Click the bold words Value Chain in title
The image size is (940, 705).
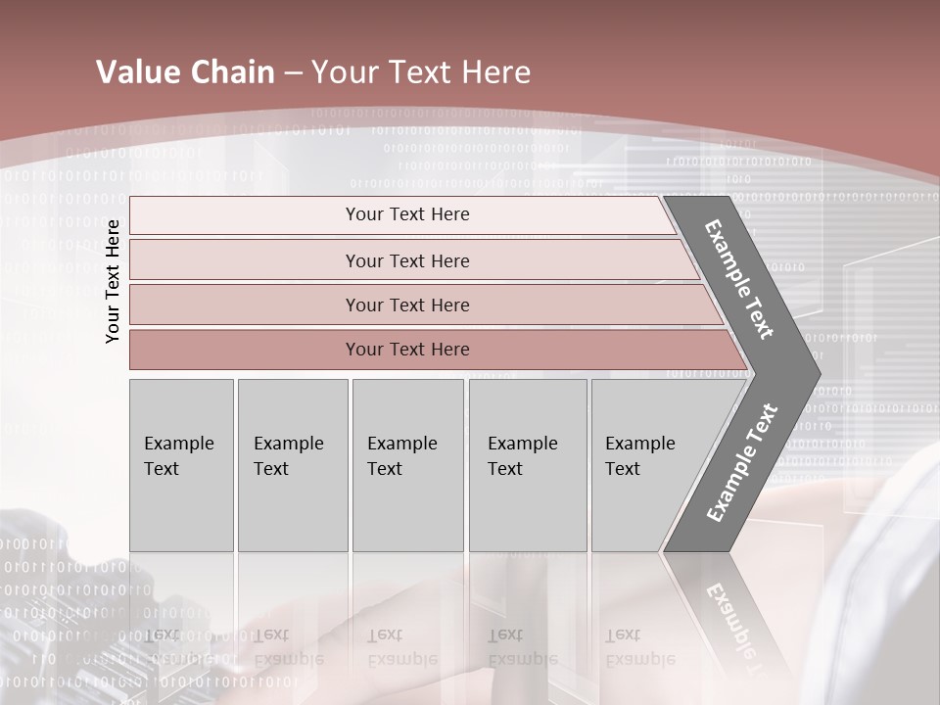[x=185, y=72]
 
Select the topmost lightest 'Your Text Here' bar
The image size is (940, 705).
[x=406, y=214]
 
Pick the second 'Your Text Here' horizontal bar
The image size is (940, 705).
[x=406, y=260]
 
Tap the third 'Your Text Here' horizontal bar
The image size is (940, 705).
[x=406, y=305]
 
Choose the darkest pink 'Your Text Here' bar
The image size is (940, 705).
[x=406, y=350]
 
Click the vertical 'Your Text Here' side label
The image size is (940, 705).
[x=114, y=281]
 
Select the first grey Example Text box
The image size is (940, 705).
[x=181, y=465]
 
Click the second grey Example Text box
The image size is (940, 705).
[x=292, y=465]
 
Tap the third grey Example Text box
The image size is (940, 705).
[x=407, y=465]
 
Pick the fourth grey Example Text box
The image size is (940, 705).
[x=527, y=465]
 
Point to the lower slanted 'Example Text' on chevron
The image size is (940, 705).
[x=742, y=462]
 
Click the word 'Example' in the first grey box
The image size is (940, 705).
[x=178, y=444]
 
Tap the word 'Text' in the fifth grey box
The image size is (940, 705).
[x=623, y=469]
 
